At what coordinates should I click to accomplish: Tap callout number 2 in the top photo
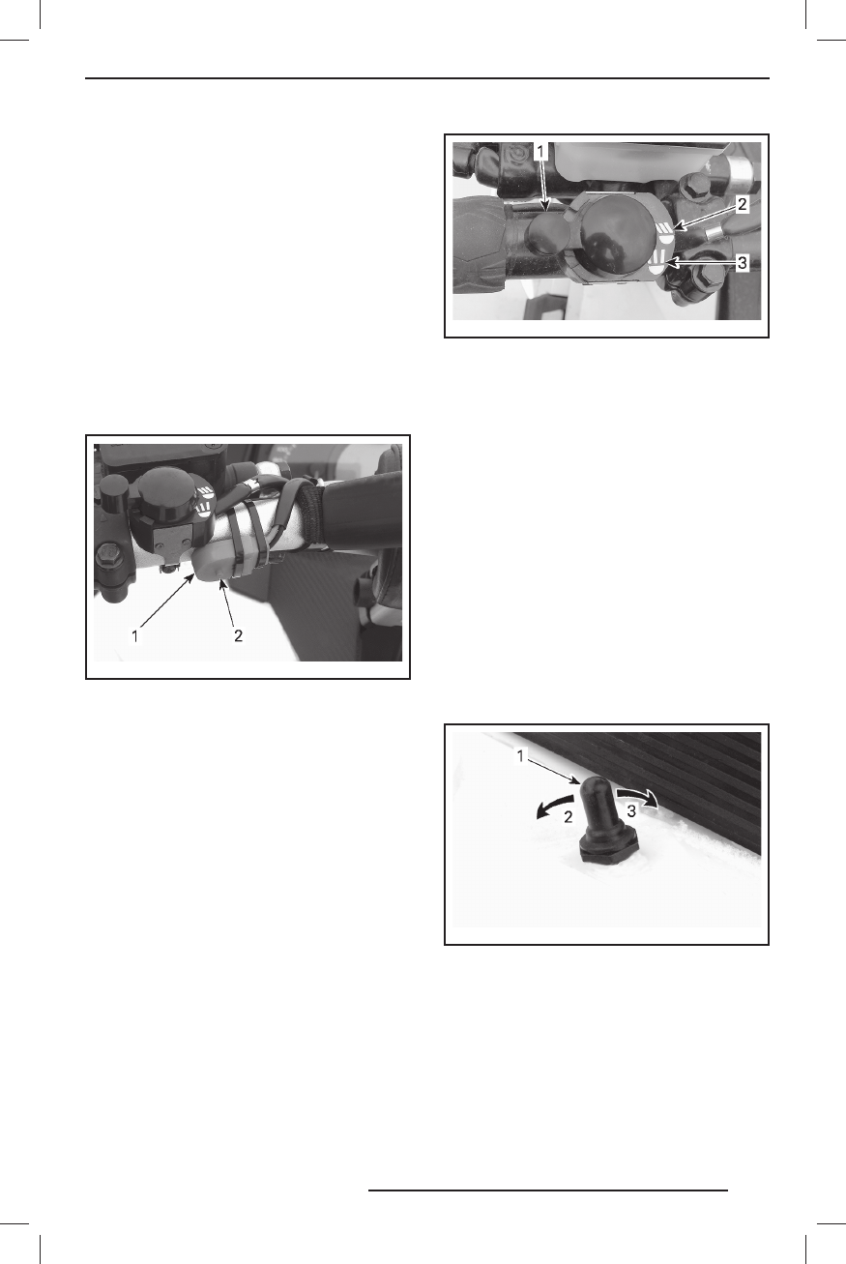pos(742,205)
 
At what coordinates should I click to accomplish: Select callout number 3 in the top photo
pos(742,263)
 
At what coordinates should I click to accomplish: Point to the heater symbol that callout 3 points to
pos(661,261)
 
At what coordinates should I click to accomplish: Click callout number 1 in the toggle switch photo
pos(522,754)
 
